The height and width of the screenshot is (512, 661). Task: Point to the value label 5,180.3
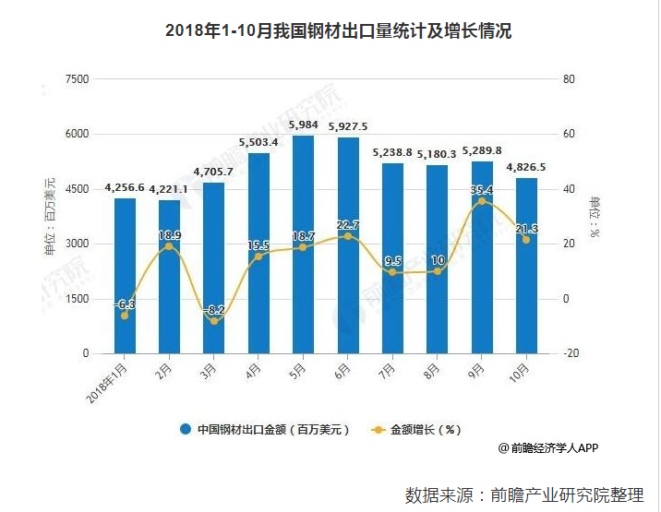click(437, 154)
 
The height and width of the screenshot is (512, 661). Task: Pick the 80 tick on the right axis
click(569, 79)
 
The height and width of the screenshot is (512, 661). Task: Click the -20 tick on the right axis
click(571, 353)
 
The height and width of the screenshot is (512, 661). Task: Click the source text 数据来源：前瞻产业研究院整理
click(524, 494)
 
